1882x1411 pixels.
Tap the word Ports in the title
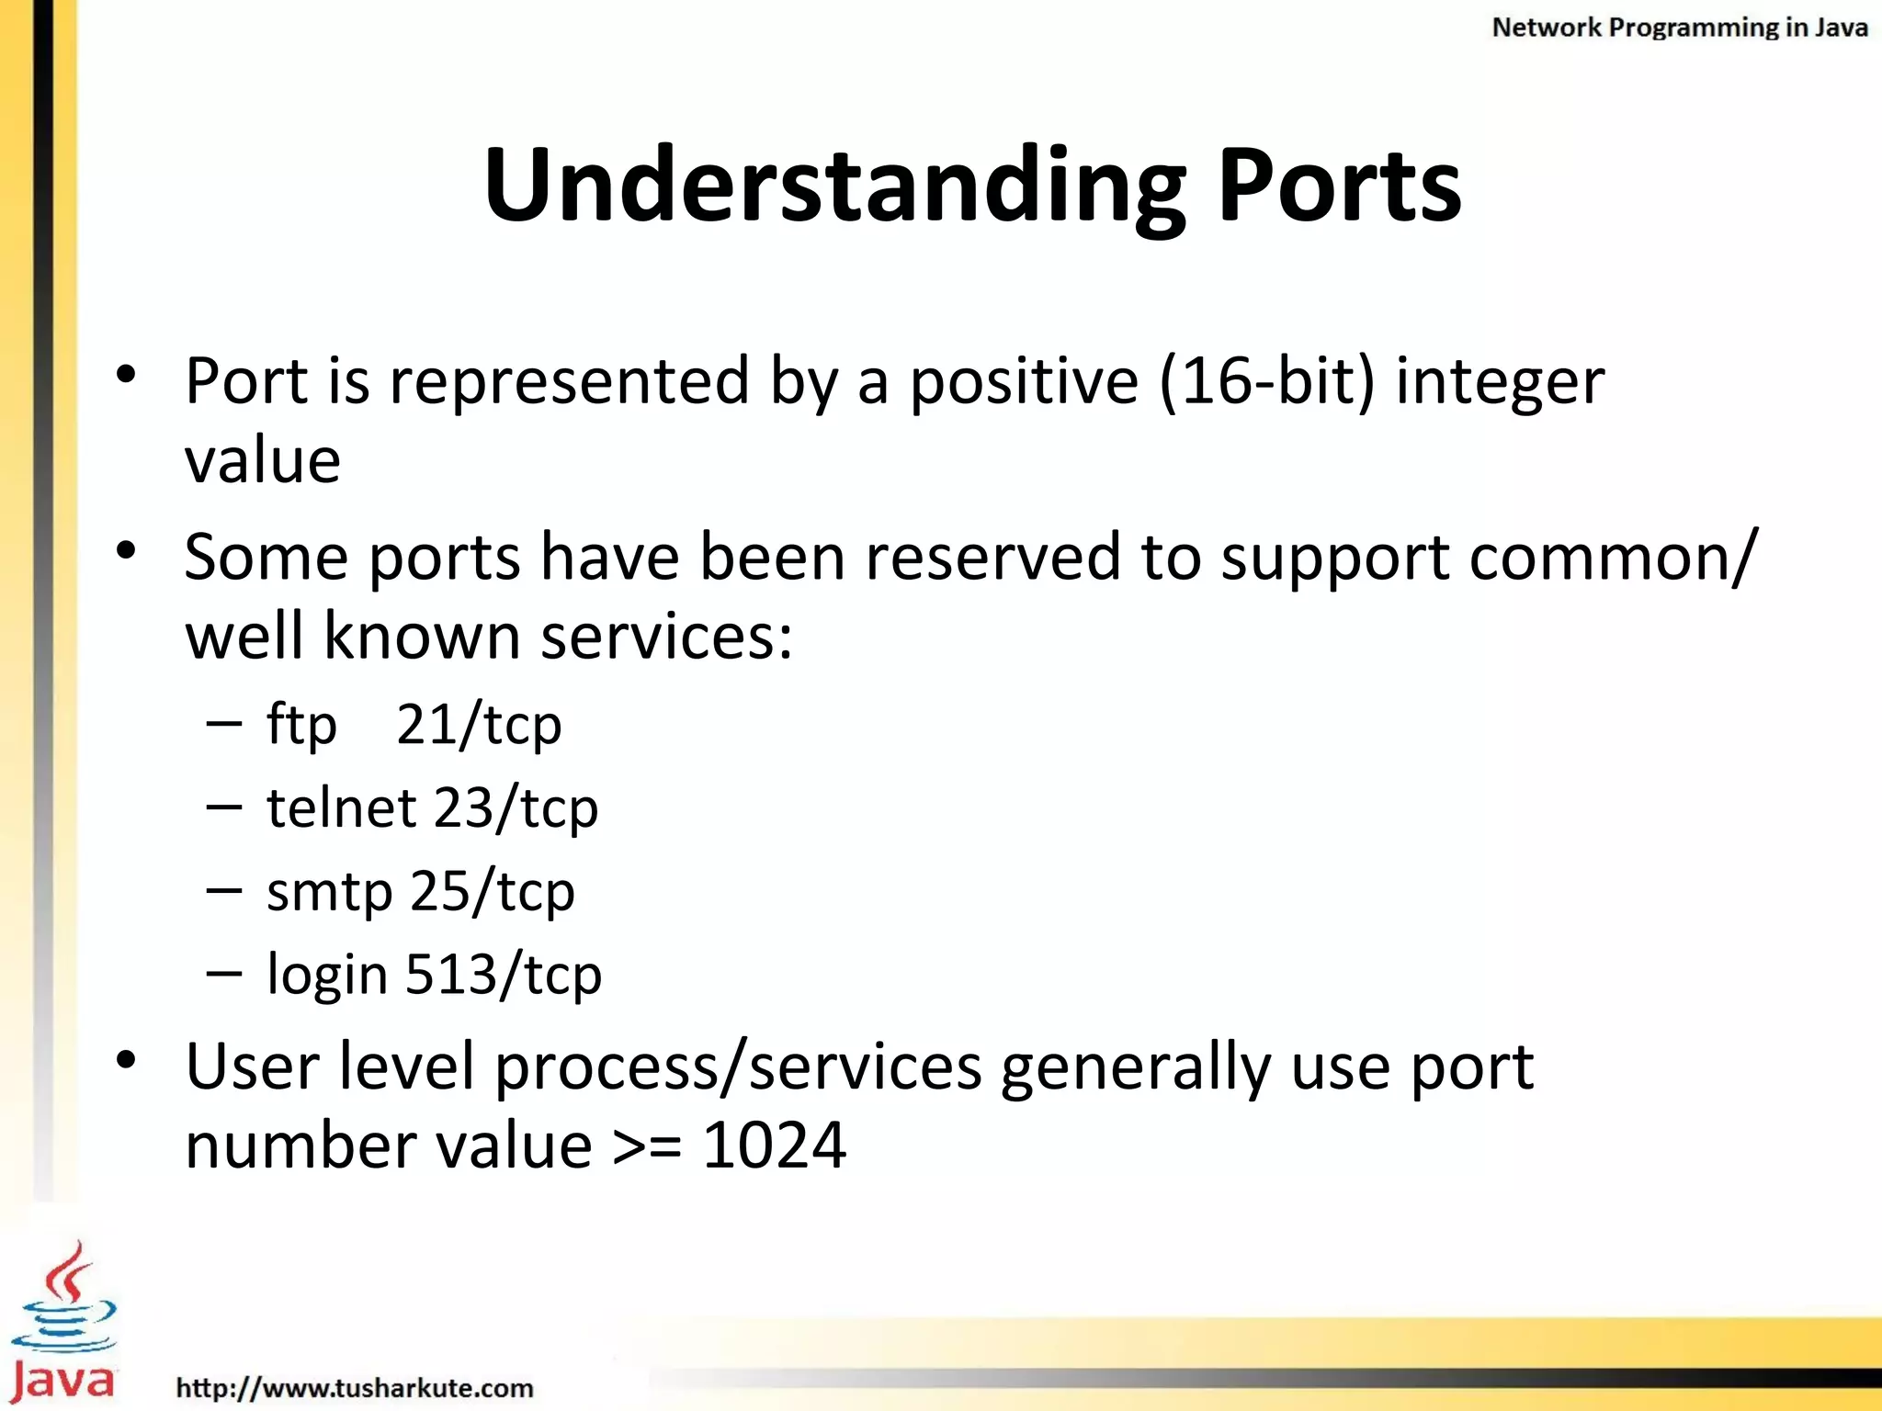(1339, 186)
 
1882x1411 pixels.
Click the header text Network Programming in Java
(1679, 28)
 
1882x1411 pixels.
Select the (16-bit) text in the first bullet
(1267, 380)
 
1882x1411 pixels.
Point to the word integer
(1500, 382)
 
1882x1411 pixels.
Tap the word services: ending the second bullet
(666, 636)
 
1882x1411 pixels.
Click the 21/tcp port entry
(479, 726)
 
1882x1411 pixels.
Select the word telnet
(342, 808)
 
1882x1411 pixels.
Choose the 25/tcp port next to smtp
(493, 892)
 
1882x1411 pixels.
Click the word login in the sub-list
(327, 975)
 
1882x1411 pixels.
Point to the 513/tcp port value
(504, 975)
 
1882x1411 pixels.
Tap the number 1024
(774, 1146)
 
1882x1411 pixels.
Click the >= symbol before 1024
(647, 1147)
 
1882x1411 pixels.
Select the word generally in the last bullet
(1136, 1067)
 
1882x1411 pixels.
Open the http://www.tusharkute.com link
(355, 1387)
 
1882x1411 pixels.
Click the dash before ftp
(225, 724)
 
